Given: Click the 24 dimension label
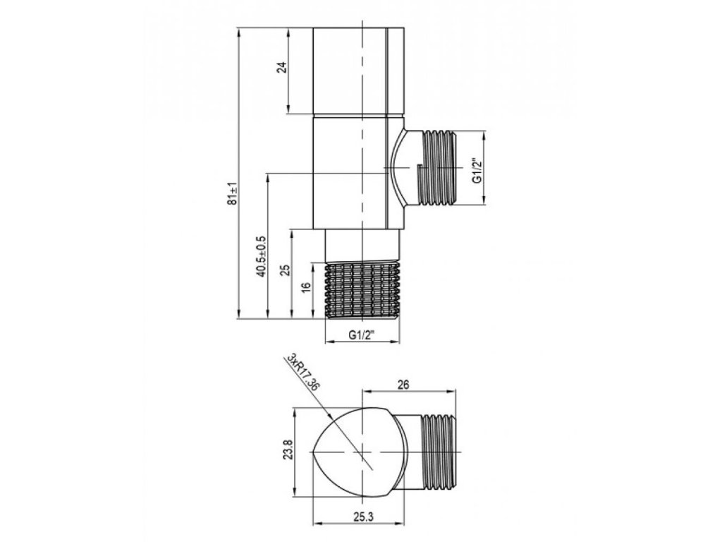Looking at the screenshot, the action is [x=281, y=68].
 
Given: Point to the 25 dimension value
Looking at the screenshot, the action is [x=285, y=272].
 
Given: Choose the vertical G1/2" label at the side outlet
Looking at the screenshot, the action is [x=477, y=169].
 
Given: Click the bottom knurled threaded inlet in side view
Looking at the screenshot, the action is [x=364, y=289].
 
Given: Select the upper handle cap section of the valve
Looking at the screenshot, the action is [x=360, y=71].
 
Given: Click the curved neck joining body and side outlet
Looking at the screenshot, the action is [x=403, y=168].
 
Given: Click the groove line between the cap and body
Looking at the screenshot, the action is [x=360, y=115].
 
